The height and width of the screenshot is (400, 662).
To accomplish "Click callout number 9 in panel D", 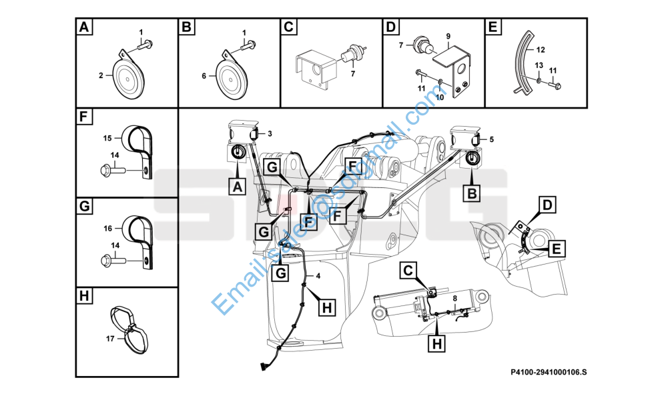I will (448, 35).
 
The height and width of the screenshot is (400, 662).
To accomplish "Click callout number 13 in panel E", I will (539, 64).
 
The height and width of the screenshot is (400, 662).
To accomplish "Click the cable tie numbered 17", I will (131, 329).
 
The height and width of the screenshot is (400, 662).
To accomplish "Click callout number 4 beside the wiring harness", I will (318, 276).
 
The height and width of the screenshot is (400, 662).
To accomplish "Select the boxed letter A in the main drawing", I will (237, 187).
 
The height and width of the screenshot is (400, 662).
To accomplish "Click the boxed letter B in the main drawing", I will (471, 193).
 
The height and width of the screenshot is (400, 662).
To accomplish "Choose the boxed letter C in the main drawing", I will (408, 271).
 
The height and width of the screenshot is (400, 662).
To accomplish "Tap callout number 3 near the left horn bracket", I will (270, 134).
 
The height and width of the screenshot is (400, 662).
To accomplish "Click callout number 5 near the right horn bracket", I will (491, 139).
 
